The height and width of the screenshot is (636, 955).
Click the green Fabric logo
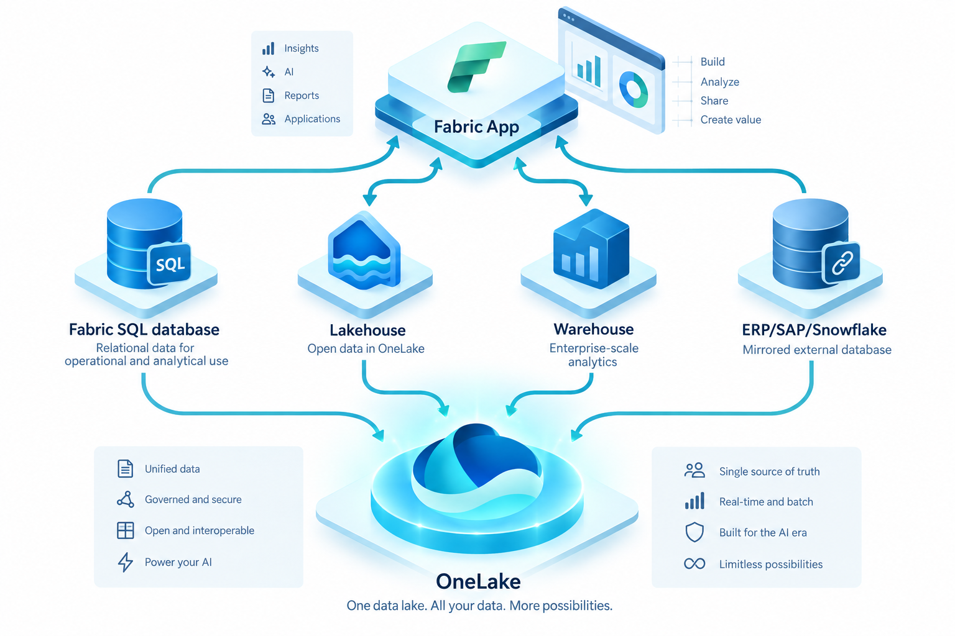click(476, 66)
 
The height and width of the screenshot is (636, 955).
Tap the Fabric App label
click(476, 127)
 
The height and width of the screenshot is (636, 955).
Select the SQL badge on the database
click(170, 264)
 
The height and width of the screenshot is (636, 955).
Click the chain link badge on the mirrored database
click(841, 263)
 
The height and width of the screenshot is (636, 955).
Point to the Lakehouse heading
click(367, 330)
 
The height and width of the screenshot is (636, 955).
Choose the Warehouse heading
click(594, 329)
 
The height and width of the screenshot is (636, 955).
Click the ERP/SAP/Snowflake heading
click(814, 330)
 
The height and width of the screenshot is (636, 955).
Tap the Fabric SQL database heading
click(144, 329)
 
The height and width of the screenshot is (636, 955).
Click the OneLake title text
click(478, 581)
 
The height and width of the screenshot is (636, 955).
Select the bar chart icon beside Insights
click(268, 48)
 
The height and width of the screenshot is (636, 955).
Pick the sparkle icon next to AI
click(268, 71)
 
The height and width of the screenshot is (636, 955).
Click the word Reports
click(302, 96)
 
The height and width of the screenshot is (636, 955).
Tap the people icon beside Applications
click(269, 119)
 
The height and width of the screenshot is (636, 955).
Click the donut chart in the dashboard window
click(633, 89)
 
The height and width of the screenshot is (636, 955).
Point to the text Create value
click(731, 120)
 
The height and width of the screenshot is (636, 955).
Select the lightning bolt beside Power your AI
click(126, 562)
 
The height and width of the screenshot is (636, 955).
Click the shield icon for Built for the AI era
click(694, 532)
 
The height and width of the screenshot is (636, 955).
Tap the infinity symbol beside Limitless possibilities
click(694, 564)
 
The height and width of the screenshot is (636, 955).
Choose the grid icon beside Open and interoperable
click(126, 530)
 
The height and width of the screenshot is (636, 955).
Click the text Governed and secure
click(193, 499)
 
